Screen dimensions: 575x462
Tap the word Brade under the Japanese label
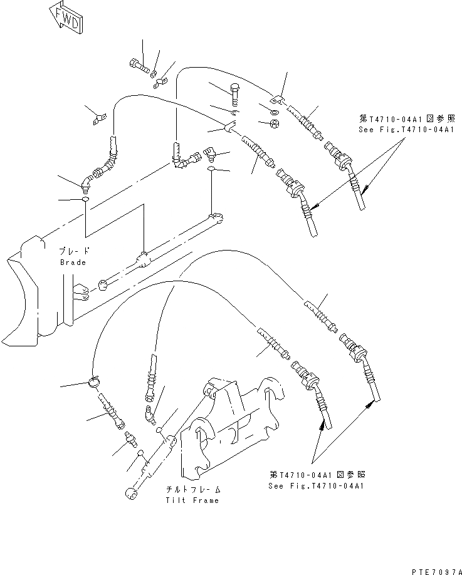(73, 263)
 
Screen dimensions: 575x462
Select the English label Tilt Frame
(193, 500)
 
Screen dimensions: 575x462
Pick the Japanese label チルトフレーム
(193, 489)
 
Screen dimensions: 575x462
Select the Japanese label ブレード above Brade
(73, 250)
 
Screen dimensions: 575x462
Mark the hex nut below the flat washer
(275, 124)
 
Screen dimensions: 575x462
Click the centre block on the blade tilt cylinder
(144, 259)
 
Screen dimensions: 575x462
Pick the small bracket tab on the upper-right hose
(276, 98)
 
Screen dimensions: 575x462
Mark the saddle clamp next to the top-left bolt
(164, 80)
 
